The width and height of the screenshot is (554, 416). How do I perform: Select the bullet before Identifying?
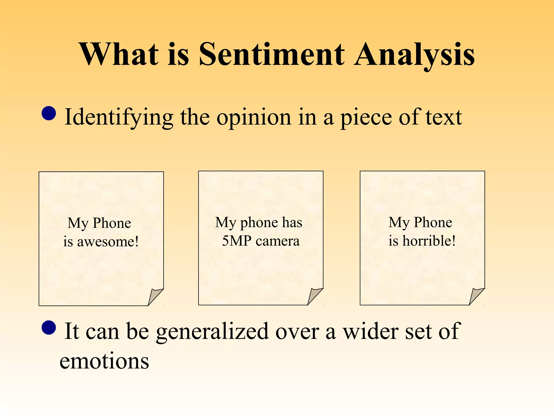[49, 113]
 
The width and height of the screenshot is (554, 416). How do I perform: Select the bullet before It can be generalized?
[49, 327]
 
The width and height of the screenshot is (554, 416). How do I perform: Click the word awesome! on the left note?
[108, 242]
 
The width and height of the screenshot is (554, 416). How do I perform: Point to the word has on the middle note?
[292, 222]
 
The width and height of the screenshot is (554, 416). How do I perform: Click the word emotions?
[104, 361]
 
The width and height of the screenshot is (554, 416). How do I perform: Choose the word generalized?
[213, 332]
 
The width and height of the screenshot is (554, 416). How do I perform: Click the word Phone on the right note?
[433, 222]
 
